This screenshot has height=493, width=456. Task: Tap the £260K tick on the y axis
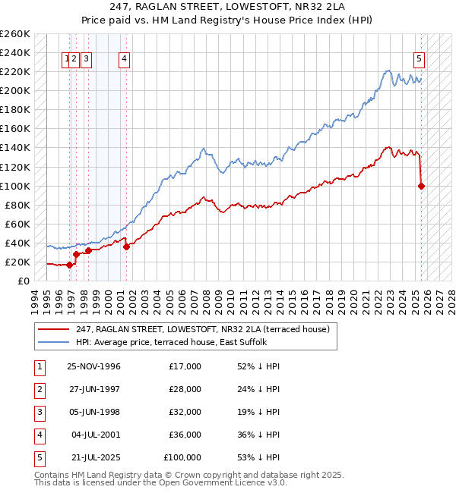(15, 34)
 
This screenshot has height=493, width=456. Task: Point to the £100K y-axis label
(15, 186)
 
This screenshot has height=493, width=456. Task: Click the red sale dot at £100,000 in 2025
(421, 186)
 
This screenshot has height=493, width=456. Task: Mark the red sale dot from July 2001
(126, 246)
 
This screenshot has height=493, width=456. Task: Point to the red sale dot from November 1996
(69, 265)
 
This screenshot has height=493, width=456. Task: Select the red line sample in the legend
(53, 330)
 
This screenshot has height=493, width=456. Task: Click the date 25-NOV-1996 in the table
(93, 366)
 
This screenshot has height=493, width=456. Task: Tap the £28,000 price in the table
(185, 389)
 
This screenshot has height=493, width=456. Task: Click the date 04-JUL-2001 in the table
(95, 435)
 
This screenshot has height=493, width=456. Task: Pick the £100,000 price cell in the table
(182, 457)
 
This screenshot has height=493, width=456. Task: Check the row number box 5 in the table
(39, 457)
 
